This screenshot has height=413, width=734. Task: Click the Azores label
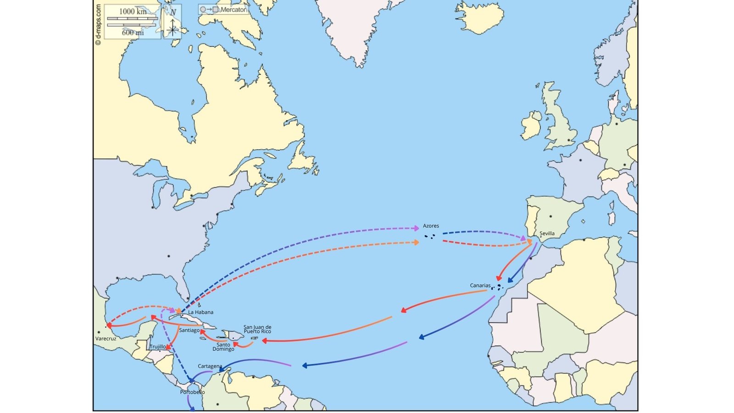pos(431,226)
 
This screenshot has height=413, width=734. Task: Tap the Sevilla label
pos(547,234)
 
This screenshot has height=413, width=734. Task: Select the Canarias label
pos(480,285)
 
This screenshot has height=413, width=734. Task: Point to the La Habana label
pos(200,312)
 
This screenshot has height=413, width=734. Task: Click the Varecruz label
pos(106,339)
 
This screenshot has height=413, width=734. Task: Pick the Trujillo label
pos(157,347)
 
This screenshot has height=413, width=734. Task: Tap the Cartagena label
pos(210,366)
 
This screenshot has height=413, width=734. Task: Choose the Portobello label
pos(192,392)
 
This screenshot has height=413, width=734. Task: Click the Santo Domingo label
pos(223,347)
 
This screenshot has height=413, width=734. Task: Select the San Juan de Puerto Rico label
pos(257,329)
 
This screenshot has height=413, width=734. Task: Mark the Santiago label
pos(189,330)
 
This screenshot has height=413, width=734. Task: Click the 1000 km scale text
pos(133,11)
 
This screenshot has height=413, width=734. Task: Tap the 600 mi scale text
pos(133,33)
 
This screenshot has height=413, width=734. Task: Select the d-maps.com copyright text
pos(98,25)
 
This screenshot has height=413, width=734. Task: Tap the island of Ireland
pos(532,126)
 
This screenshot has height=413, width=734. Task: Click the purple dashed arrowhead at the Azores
pos(417,228)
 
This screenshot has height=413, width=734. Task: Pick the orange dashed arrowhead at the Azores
pos(417,242)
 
